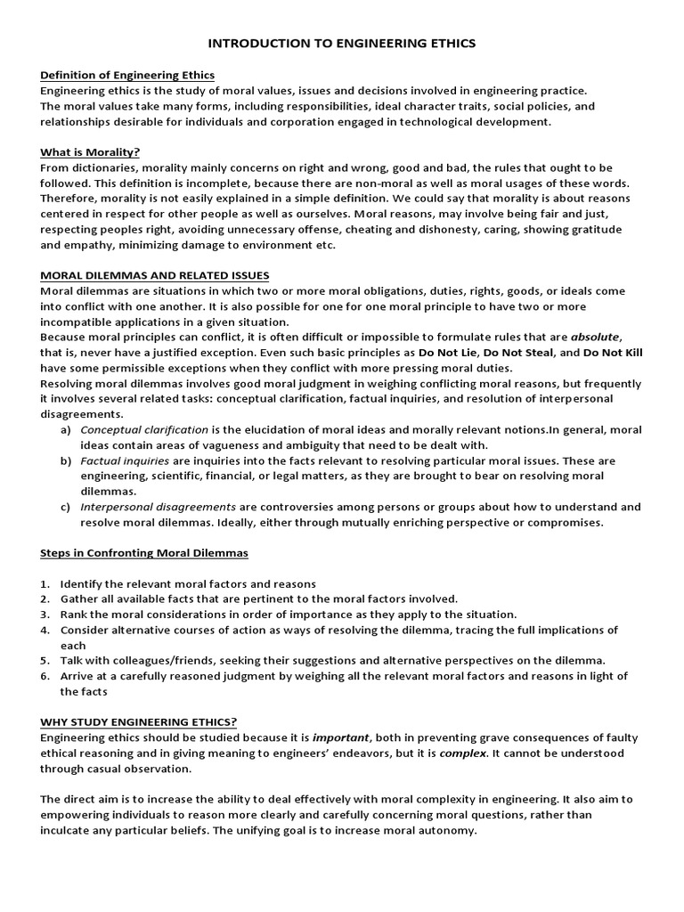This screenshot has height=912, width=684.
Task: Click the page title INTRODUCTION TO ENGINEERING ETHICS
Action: click(x=342, y=42)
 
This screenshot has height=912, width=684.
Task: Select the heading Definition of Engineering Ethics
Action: click(x=127, y=75)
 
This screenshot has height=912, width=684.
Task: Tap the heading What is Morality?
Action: click(x=90, y=151)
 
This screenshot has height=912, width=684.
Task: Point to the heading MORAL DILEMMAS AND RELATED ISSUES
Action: click(x=155, y=275)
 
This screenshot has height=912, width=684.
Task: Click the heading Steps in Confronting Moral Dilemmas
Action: click(x=144, y=553)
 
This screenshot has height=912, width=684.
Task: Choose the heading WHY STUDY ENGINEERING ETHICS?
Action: click(x=139, y=721)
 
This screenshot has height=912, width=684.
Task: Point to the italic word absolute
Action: click(x=594, y=338)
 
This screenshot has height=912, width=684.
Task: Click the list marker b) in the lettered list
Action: click(x=66, y=460)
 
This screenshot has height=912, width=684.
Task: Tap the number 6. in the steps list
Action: click(x=45, y=676)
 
